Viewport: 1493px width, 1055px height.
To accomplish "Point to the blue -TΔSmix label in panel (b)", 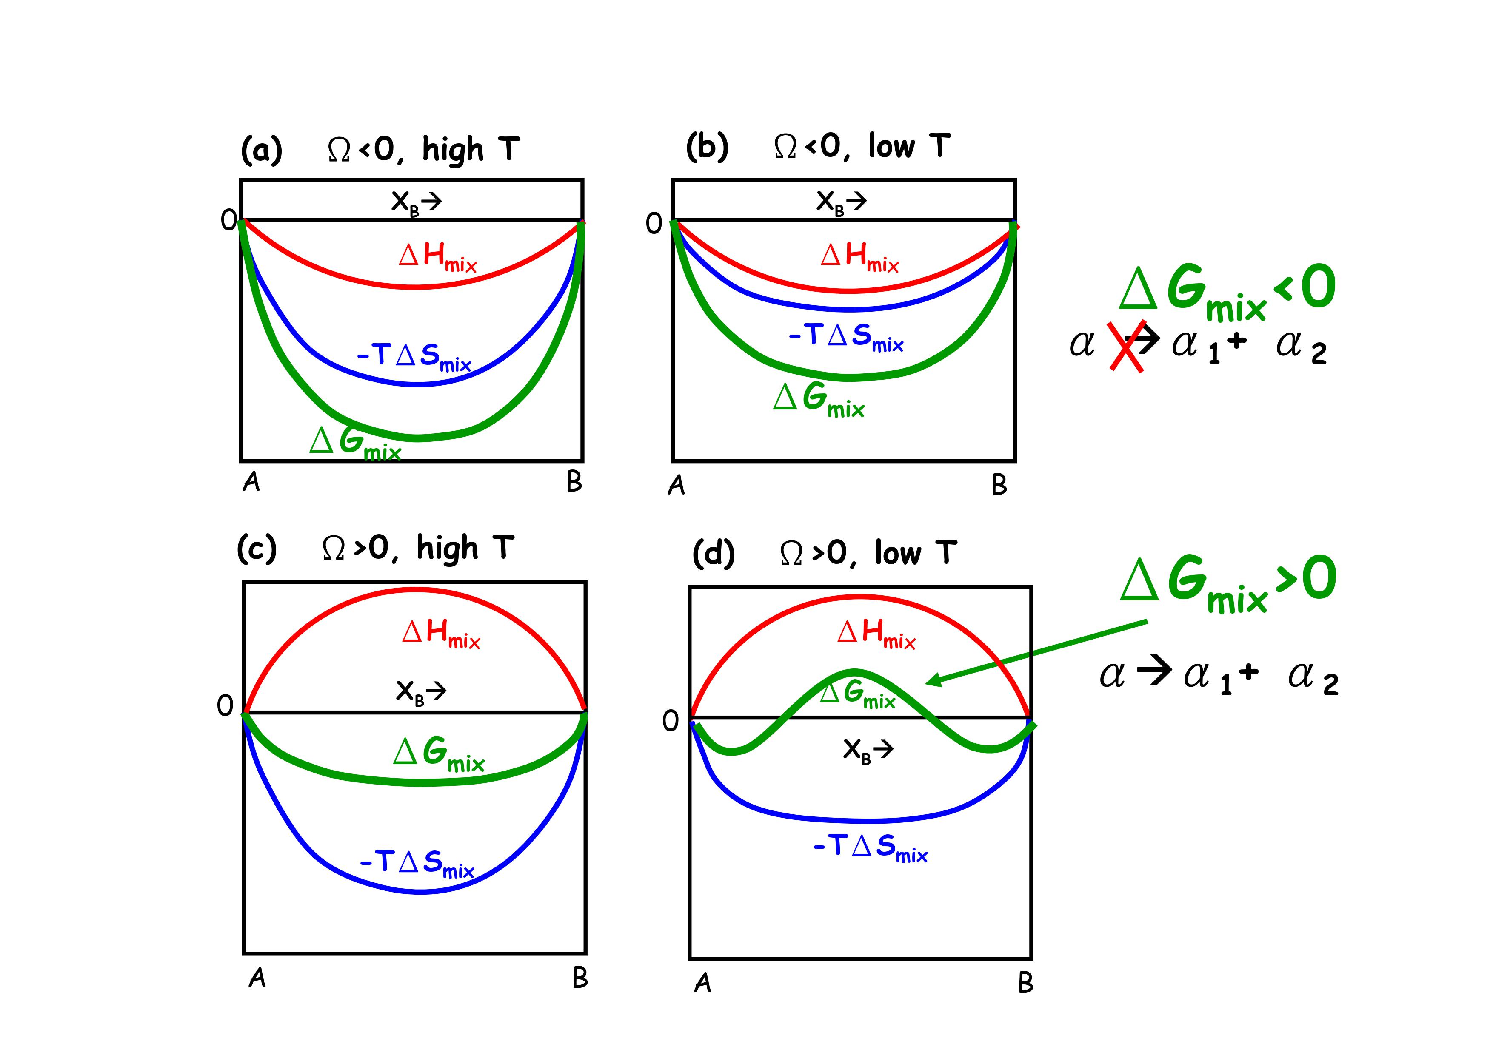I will tap(846, 337).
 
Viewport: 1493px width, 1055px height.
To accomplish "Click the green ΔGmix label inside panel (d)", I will tap(857, 694).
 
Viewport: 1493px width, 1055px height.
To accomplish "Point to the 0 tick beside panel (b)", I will tap(654, 224).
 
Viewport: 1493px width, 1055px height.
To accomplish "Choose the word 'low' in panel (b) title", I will tap(891, 147).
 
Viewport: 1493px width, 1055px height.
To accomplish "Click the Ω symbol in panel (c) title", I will tap(334, 549).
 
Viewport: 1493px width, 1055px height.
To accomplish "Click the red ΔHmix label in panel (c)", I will tap(441, 633).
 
